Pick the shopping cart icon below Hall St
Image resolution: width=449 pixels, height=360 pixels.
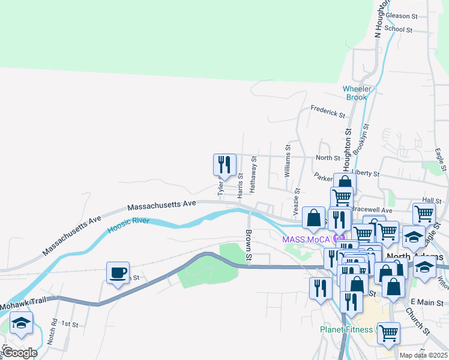(424, 212)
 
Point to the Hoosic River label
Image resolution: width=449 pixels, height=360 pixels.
(128, 224)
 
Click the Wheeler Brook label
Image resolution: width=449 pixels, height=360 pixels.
(357, 93)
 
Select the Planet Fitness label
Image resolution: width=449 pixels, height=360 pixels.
(347, 329)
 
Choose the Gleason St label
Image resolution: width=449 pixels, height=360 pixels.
(402, 16)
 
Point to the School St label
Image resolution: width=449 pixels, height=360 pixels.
(399, 29)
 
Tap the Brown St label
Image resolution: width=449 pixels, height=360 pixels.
(248, 246)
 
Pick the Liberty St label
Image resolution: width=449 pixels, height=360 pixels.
(366, 173)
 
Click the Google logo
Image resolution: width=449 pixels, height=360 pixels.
(19, 353)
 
